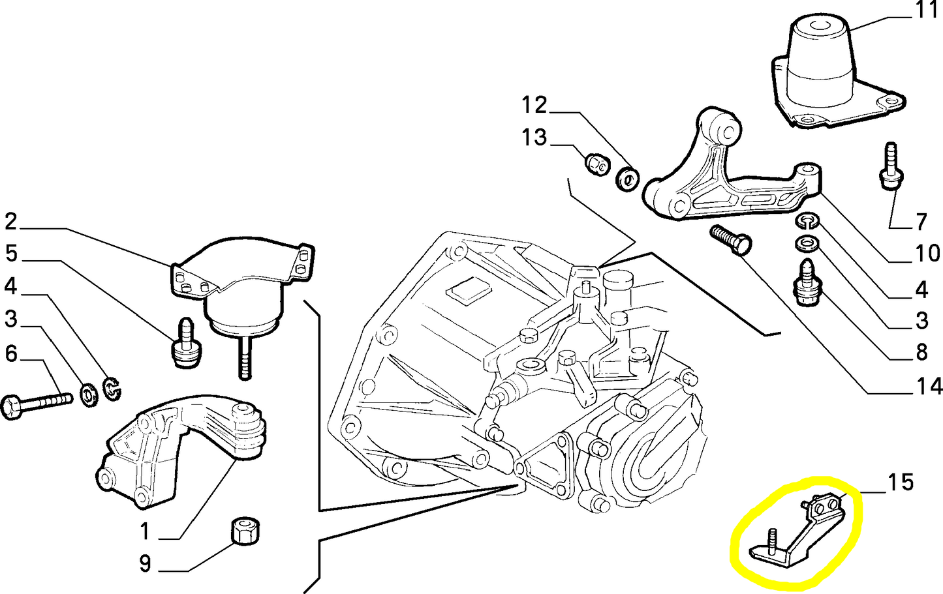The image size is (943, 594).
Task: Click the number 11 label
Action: (x=927, y=11)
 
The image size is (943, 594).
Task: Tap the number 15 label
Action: (x=901, y=483)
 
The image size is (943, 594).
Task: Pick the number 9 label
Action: (x=145, y=563)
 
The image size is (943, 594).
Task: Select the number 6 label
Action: (x=11, y=353)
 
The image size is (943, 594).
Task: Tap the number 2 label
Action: (x=10, y=222)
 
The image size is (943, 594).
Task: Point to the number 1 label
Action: (x=145, y=531)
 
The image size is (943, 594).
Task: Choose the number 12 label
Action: (x=534, y=104)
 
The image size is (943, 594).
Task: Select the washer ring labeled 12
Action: (x=628, y=178)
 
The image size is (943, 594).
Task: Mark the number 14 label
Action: (x=927, y=387)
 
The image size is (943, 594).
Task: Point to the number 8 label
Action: (x=921, y=353)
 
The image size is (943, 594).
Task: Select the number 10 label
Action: (x=927, y=253)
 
